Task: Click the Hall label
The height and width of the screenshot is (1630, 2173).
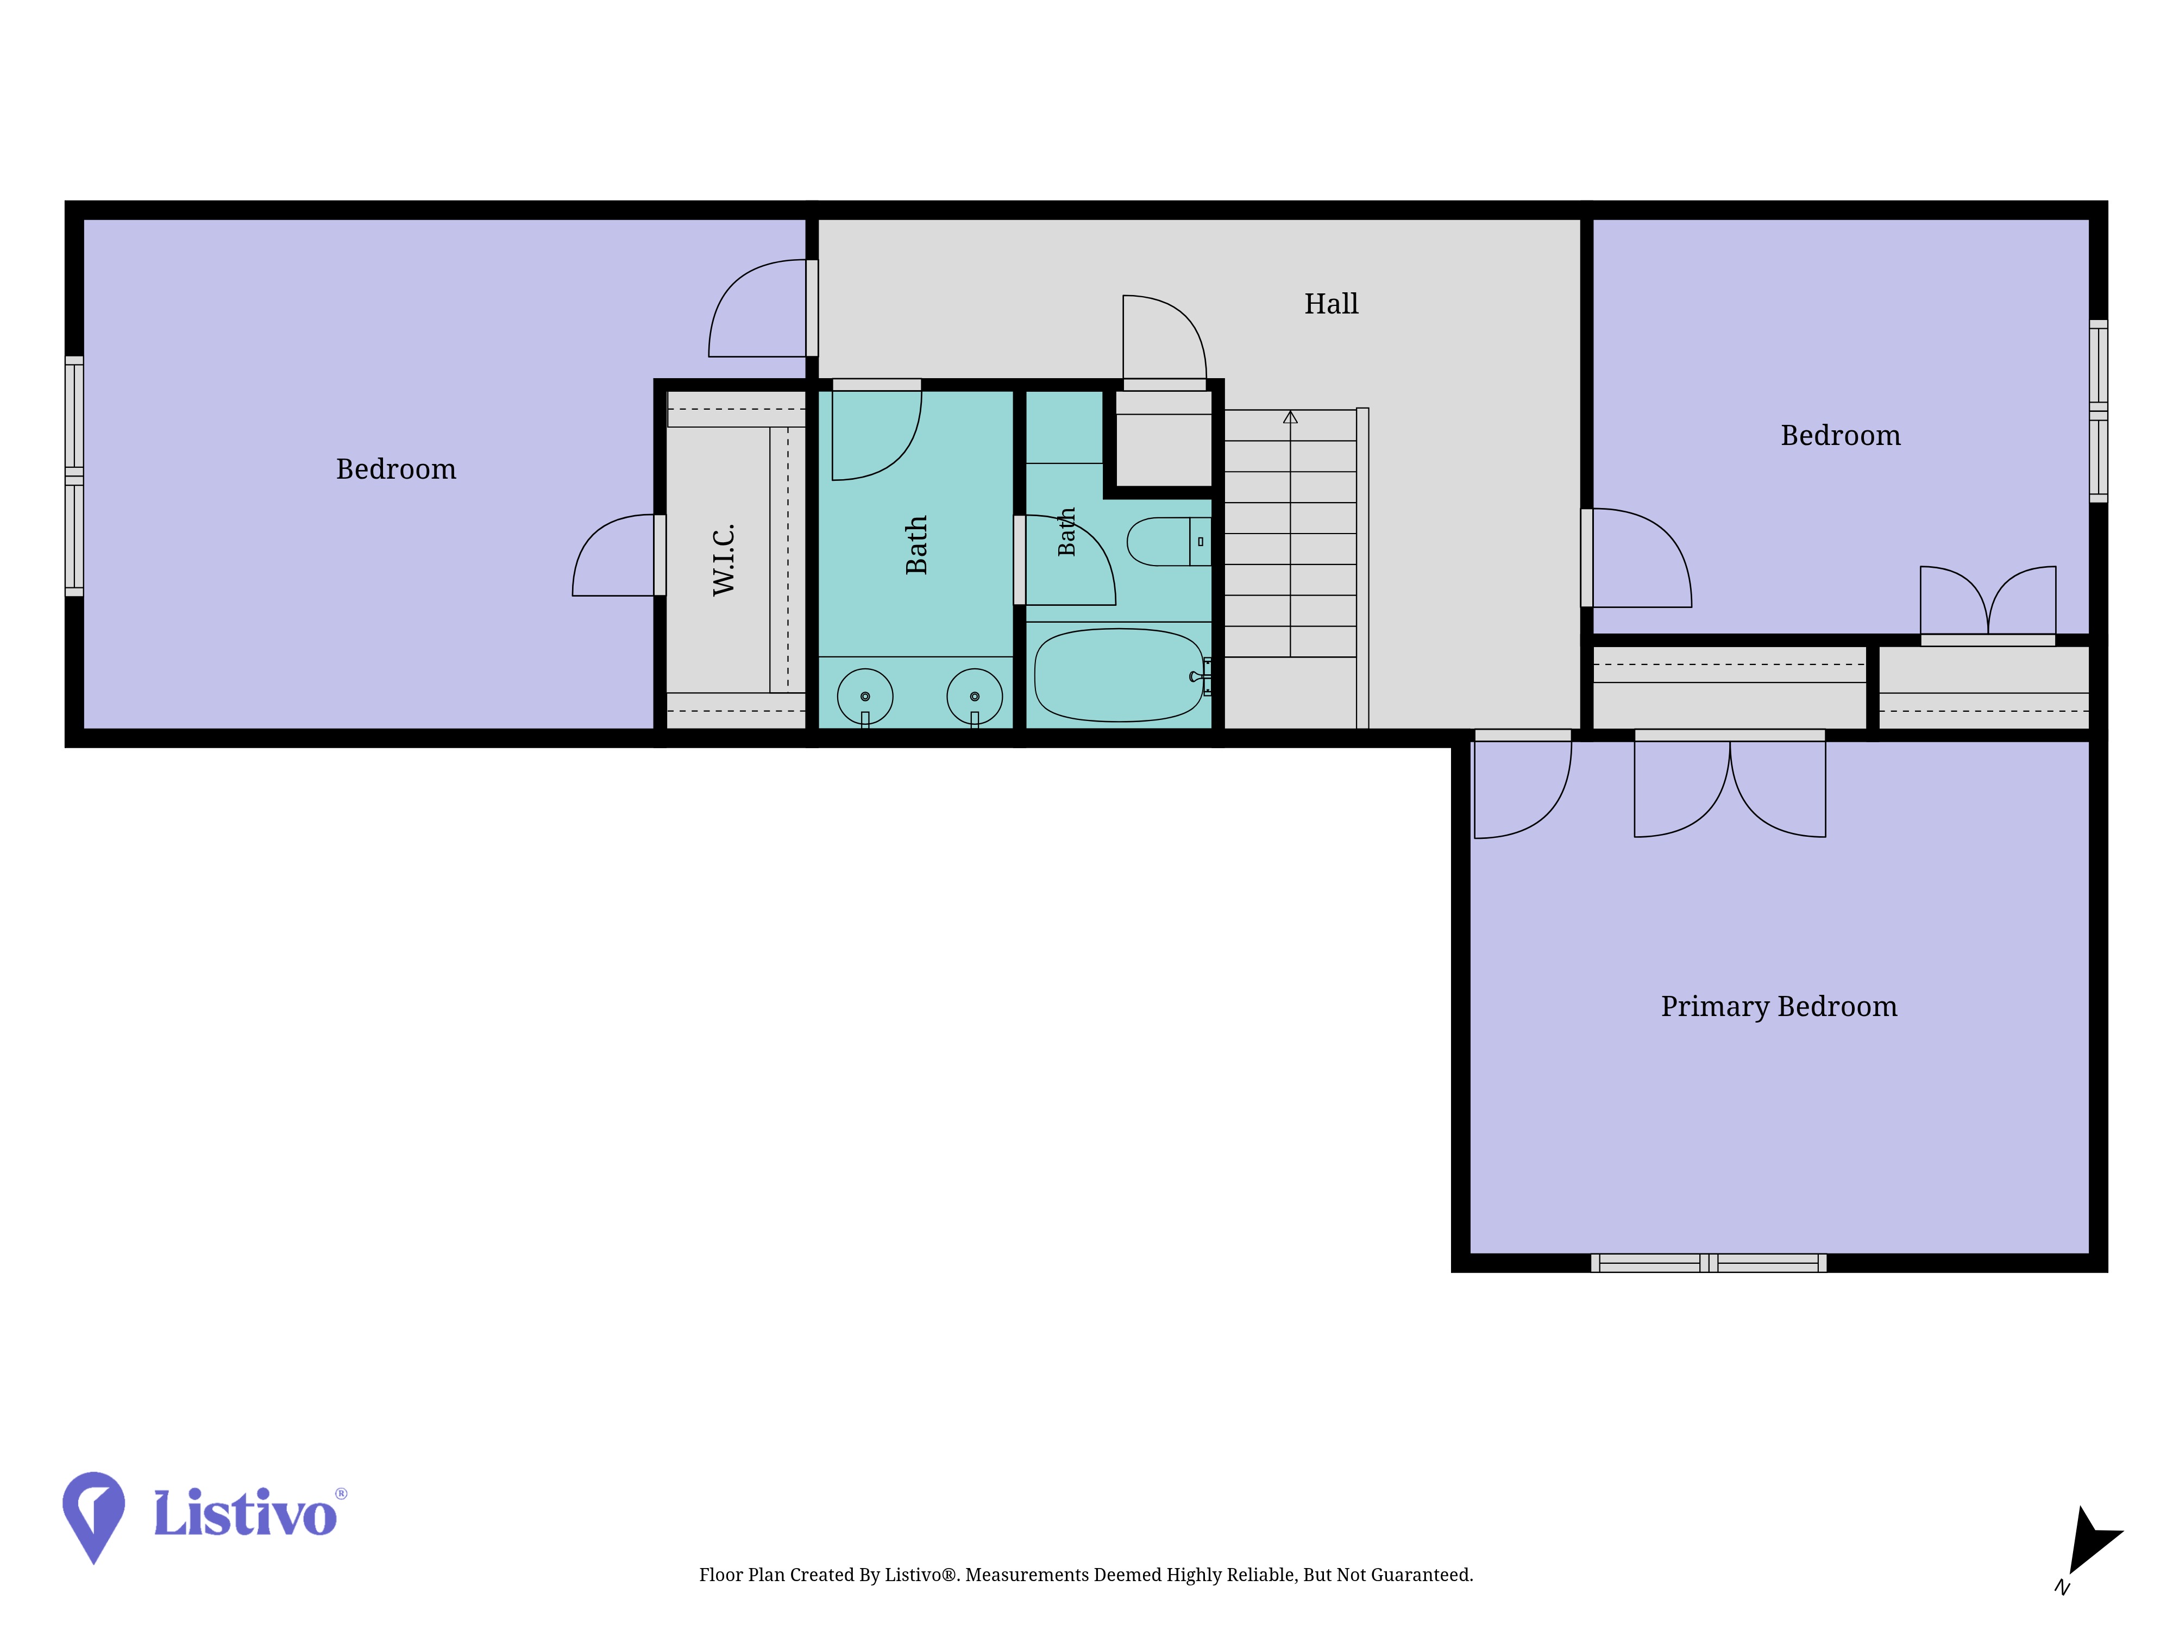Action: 1331,304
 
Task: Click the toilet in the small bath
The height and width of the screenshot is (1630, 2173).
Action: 1169,541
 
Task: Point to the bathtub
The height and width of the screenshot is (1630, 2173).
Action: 1119,675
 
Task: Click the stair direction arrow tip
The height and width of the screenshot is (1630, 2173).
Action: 1290,412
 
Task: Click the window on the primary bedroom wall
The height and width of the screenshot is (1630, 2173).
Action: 1709,1263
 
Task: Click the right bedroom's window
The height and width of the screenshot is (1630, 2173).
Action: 2099,411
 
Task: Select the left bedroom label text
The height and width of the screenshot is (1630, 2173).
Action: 396,469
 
